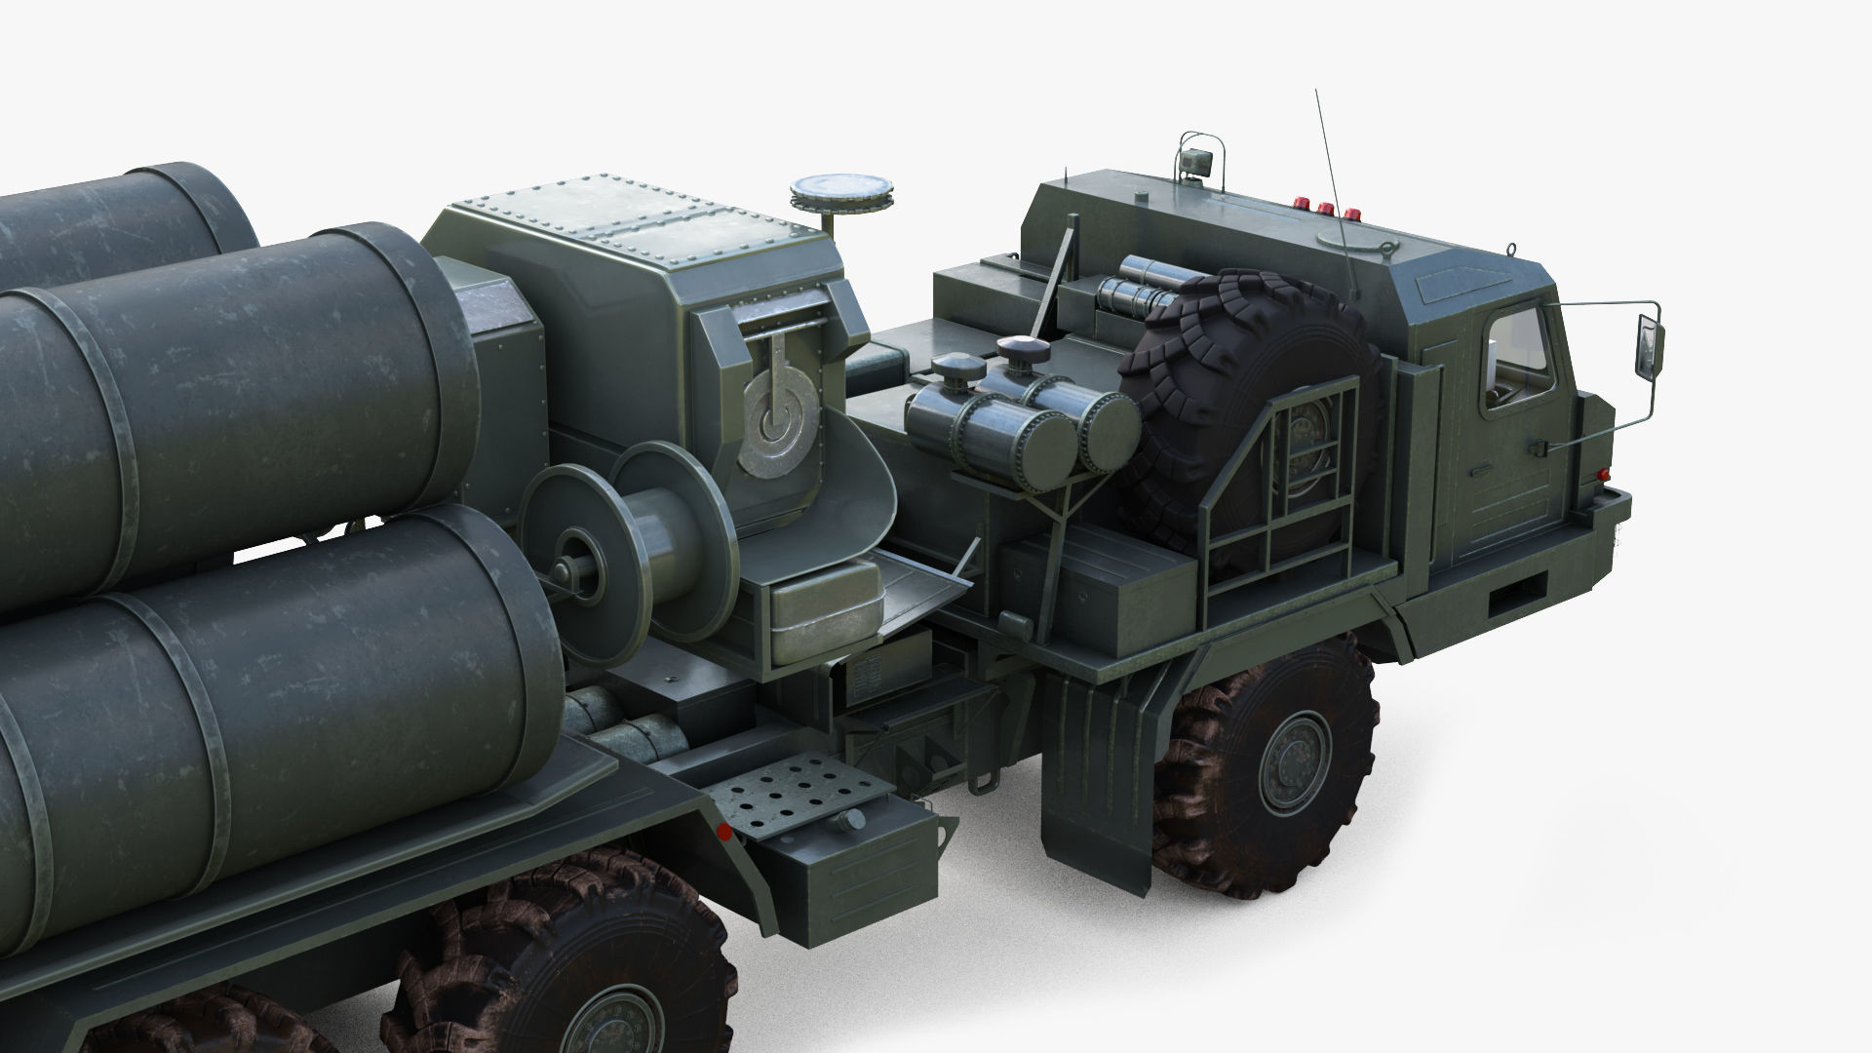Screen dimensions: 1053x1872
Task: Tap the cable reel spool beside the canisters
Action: (629, 551)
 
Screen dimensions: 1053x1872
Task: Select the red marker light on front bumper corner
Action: (1606, 474)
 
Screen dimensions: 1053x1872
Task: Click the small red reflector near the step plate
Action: (723, 832)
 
